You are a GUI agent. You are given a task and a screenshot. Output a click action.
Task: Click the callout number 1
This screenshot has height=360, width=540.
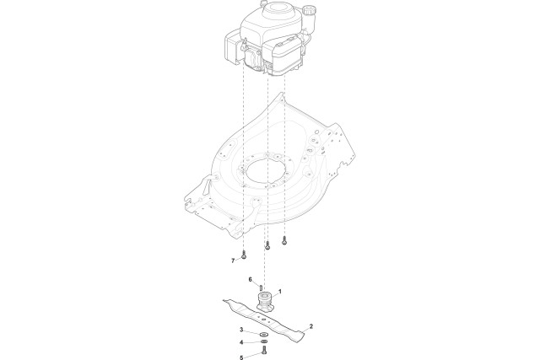[x=280, y=292]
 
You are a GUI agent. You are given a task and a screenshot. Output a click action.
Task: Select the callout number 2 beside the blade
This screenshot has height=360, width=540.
[x=311, y=325]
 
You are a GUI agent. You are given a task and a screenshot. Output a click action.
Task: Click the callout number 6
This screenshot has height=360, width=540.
[x=250, y=279]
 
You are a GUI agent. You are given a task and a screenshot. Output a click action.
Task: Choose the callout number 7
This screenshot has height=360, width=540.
[x=233, y=261]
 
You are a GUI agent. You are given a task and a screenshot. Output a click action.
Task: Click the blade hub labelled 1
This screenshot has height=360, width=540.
[x=265, y=302]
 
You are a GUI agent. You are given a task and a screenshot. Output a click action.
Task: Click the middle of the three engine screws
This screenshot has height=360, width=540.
[x=267, y=245]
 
